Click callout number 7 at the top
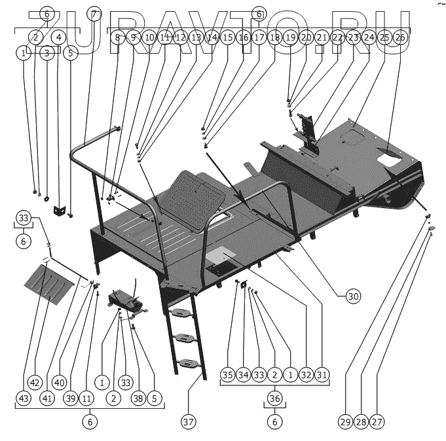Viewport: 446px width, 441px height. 95,14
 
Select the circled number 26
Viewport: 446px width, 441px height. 400,38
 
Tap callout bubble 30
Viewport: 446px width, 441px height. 354,296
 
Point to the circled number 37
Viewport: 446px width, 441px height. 189,422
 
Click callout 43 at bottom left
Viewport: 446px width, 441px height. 24,397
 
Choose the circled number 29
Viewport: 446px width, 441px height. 346,422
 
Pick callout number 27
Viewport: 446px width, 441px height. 377,422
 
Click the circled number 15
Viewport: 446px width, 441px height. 227,38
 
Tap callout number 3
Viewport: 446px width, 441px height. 47,54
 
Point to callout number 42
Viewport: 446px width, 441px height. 35,381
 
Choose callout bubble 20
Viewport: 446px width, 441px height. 306,38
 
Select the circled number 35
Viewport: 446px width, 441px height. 227,375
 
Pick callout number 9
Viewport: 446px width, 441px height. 134,38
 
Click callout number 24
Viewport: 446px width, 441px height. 369,38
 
